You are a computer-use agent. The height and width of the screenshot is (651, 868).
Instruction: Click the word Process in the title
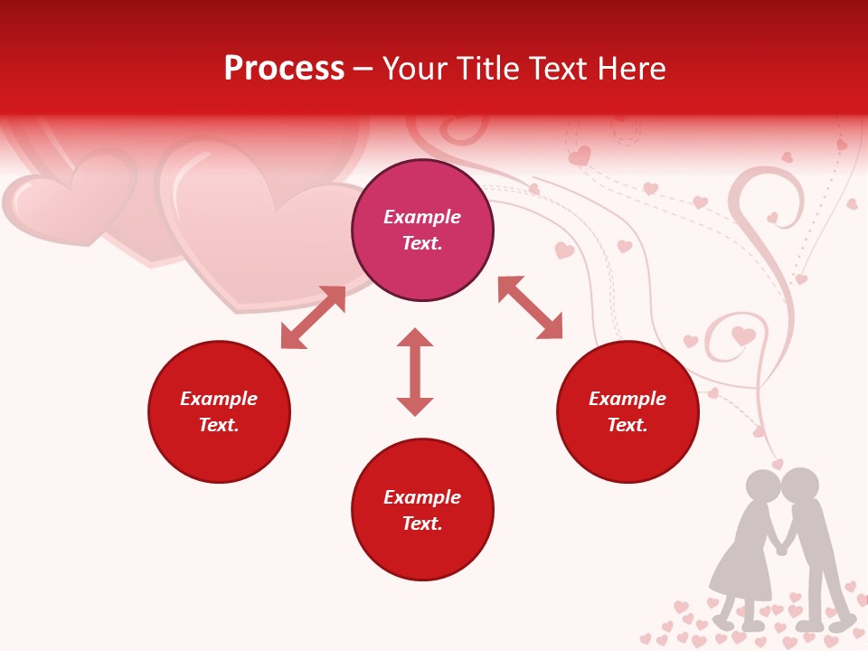[x=284, y=69]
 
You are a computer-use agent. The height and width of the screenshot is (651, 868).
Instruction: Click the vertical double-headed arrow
[x=415, y=372]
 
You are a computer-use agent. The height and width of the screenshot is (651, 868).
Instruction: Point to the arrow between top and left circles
[x=313, y=317]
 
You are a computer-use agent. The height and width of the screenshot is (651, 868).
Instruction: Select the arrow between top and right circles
[x=530, y=307]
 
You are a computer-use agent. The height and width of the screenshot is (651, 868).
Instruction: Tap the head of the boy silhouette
[x=800, y=486]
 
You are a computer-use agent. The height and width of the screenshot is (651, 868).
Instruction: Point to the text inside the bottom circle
[x=422, y=510]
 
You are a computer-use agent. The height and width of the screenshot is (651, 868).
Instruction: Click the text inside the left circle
[x=219, y=411]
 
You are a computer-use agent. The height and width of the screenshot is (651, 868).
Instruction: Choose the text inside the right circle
[x=627, y=411]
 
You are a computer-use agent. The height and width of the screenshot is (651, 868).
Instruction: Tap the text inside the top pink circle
[x=422, y=230]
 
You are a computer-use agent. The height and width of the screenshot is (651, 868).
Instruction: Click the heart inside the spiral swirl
[x=743, y=336]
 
